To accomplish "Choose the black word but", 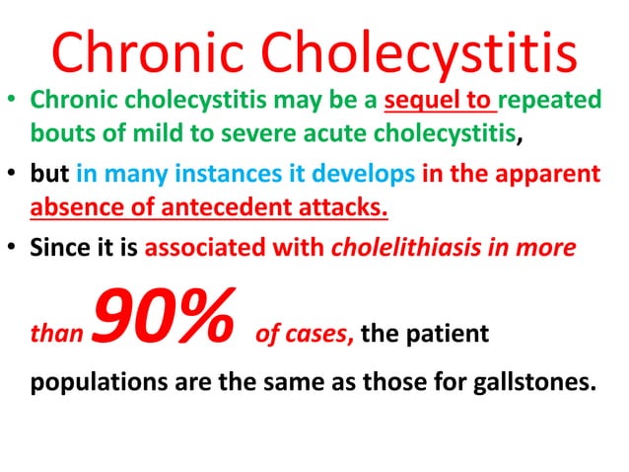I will pos(48,176).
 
